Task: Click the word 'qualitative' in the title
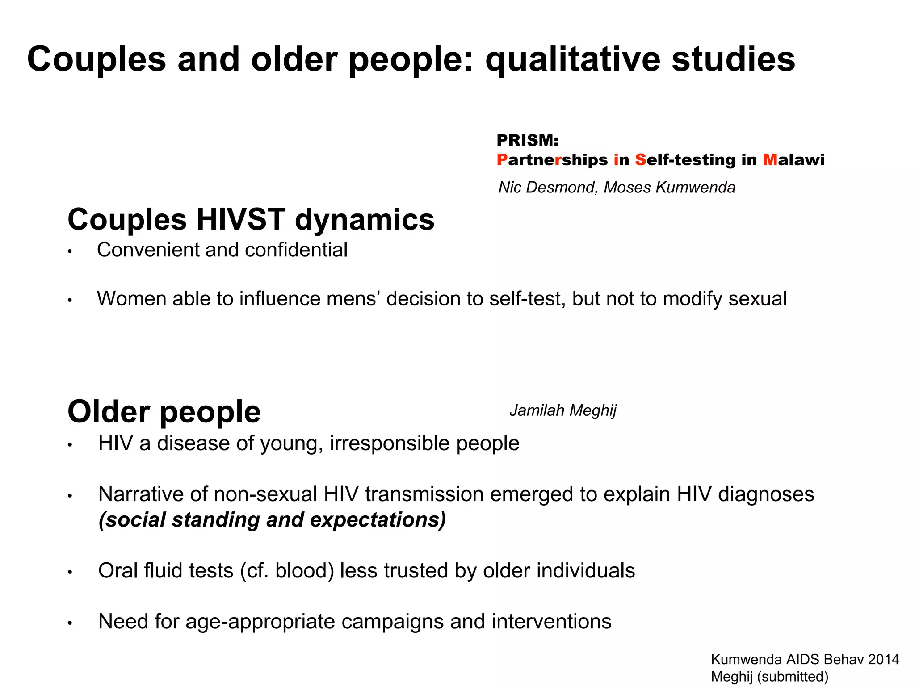[573, 59]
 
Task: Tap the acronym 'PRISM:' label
[528, 141]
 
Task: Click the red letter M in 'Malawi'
[770, 160]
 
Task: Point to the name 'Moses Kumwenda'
[669, 187]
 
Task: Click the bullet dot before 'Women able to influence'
[70, 301]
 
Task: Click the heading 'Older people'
[164, 411]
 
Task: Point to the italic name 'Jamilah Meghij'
[562, 410]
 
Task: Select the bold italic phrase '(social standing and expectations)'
[272, 520]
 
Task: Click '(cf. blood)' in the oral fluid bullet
[287, 571]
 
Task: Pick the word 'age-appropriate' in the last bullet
[260, 622]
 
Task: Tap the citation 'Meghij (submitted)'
[769, 676]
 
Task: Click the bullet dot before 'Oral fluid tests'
[70, 573]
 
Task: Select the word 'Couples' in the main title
[97, 59]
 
